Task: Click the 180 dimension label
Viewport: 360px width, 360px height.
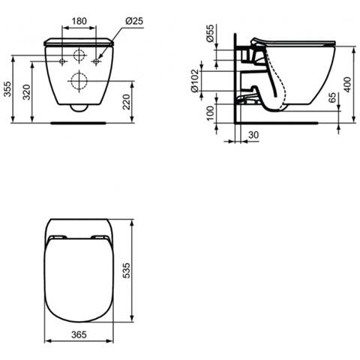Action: pos(79,21)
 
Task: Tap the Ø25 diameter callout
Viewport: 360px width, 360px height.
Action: pos(135,21)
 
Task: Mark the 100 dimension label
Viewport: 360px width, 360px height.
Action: pos(211,113)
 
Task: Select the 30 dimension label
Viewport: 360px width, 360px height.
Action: pos(254,136)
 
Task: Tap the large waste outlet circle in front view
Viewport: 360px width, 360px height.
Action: pos(79,81)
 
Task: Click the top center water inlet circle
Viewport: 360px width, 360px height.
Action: pos(79,55)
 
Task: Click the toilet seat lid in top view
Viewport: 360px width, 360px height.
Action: pos(79,277)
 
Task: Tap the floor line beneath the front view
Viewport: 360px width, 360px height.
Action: pos(79,121)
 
